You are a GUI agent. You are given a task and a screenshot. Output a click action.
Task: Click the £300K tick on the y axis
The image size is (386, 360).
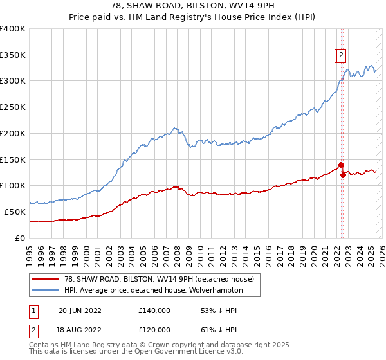tap(13, 81)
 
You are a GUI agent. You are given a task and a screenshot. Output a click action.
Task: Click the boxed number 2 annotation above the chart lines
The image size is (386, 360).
tap(341, 55)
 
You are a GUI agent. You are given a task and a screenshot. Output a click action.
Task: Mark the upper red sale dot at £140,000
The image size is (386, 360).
tap(341, 165)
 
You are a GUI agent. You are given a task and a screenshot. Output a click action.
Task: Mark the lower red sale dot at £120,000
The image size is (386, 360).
tap(343, 175)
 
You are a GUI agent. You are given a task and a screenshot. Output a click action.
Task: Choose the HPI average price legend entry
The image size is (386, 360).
tap(153, 290)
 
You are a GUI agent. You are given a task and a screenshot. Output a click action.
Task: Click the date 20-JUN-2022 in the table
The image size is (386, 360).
tap(80, 310)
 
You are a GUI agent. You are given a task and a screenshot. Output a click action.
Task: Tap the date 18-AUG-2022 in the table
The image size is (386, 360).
tap(80, 329)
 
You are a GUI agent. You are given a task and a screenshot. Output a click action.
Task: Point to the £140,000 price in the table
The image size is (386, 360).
tap(154, 310)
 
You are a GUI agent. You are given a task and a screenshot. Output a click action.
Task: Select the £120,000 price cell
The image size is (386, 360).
tap(154, 329)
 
